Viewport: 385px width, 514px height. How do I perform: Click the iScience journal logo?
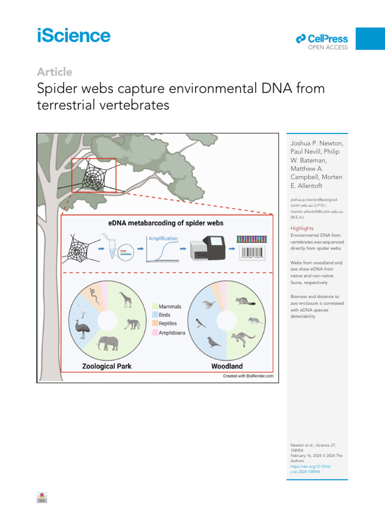point(73,36)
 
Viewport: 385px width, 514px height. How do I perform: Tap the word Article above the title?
point(54,72)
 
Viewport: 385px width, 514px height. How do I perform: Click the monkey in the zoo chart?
point(132,323)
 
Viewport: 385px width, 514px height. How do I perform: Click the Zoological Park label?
point(107,366)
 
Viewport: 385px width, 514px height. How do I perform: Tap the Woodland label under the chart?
point(228,366)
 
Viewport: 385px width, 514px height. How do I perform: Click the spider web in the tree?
point(93,177)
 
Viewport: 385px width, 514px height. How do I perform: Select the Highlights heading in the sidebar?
point(302,228)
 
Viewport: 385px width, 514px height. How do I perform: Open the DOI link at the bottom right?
point(311,469)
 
